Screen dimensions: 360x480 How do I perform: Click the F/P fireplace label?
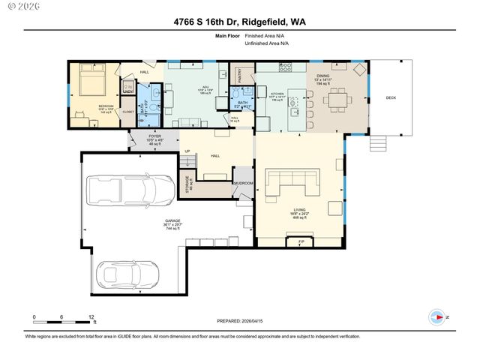coord(300,241)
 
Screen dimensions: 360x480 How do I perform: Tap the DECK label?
coord(390,97)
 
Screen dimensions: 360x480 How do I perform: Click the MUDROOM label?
coord(244,183)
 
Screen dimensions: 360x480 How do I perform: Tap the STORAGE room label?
coord(188,184)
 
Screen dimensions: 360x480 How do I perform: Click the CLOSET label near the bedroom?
coord(127,112)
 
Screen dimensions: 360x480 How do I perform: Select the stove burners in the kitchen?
coord(286,68)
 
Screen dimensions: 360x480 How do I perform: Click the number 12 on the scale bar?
coord(91,317)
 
